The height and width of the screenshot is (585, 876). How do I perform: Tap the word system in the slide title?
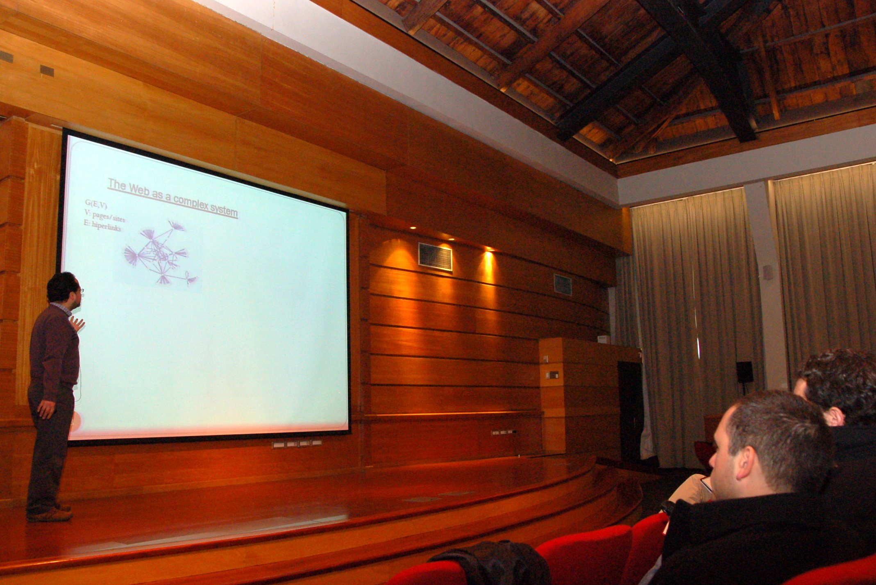coord(224,211)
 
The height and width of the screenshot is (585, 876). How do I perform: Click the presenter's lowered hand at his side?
coord(46,408)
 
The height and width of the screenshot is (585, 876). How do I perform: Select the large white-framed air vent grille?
coord(435,257)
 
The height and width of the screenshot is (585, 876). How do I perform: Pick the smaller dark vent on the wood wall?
coord(563,285)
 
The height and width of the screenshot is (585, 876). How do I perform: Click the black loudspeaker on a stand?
coord(744,372)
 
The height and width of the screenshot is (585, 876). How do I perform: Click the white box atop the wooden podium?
coord(604,339)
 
